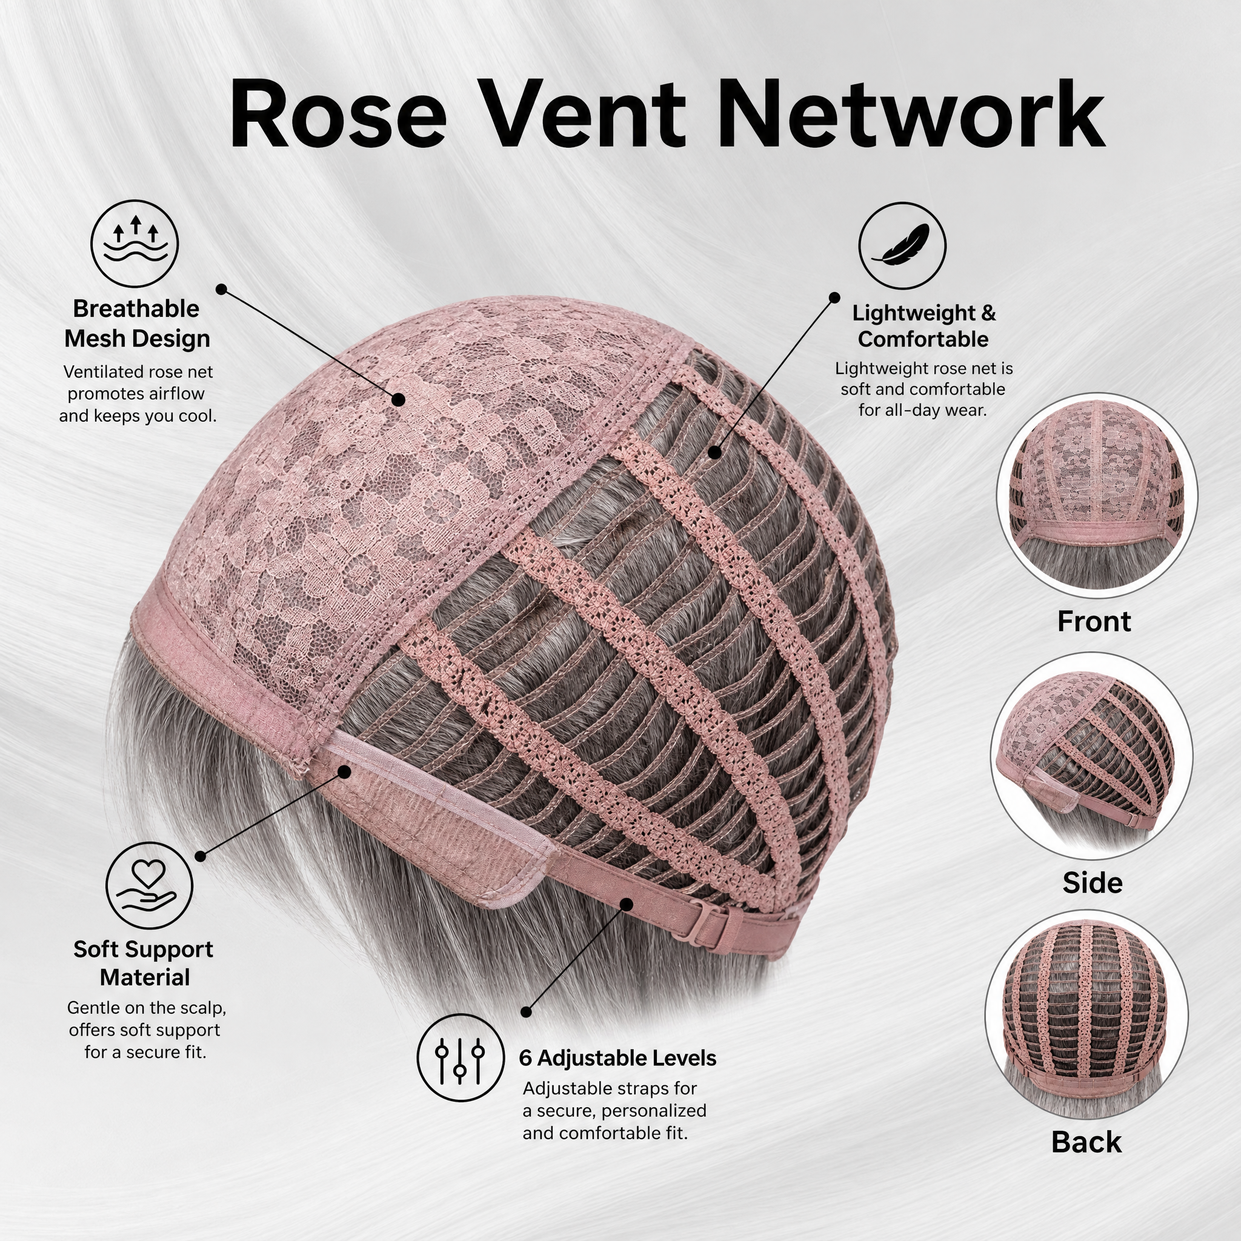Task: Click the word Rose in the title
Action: coord(338,114)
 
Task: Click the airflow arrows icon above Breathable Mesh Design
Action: coord(135,244)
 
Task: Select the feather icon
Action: coord(902,245)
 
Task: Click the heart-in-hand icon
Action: coord(149,885)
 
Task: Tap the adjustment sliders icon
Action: coord(460,1058)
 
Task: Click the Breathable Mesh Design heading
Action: coord(137,323)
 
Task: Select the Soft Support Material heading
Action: coord(144,963)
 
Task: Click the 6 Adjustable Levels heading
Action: coord(617,1058)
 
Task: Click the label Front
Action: coord(1094,621)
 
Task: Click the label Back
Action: coord(1086,1142)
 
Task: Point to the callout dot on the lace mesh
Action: coord(398,399)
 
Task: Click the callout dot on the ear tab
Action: coord(344,771)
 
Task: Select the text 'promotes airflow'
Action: coord(136,393)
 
